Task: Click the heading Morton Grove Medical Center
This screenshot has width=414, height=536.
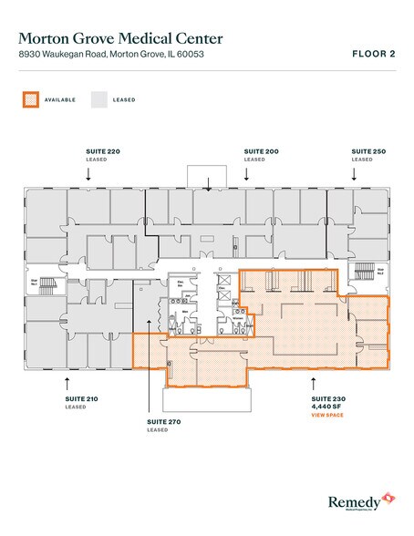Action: click(x=119, y=37)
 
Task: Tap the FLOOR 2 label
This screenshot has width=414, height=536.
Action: click(x=373, y=55)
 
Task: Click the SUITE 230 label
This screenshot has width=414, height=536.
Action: click(x=326, y=399)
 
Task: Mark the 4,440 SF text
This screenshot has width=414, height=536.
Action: click(x=326, y=407)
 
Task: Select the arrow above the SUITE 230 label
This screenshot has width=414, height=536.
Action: click(x=315, y=377)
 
